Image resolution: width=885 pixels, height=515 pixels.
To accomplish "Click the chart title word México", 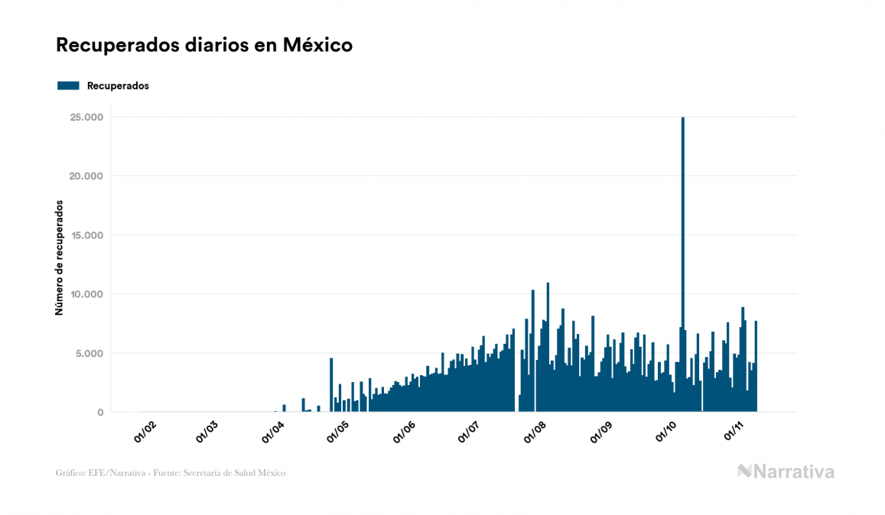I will coord(317,45).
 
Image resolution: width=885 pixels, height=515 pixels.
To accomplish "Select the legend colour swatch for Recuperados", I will coord(68,86).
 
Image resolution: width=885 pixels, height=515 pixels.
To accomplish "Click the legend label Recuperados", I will coord(118,86).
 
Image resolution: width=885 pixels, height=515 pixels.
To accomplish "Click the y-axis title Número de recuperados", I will coord(59,258).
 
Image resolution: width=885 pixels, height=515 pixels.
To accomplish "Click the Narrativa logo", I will coord(786,471).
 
